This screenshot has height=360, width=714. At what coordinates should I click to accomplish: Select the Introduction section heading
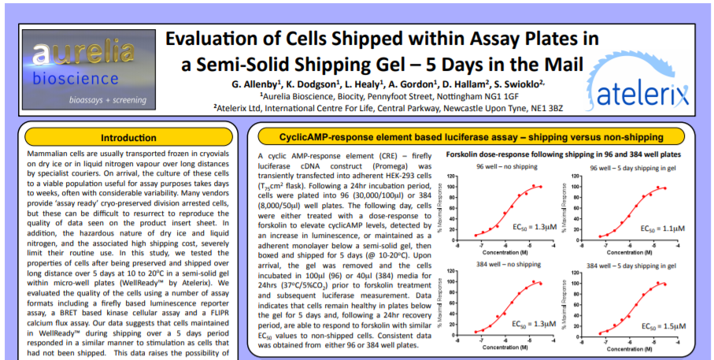pyautogui.click(x=129, y=137)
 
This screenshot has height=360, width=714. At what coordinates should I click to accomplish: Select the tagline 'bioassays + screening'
pyautogui.click(x=105, y=100)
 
